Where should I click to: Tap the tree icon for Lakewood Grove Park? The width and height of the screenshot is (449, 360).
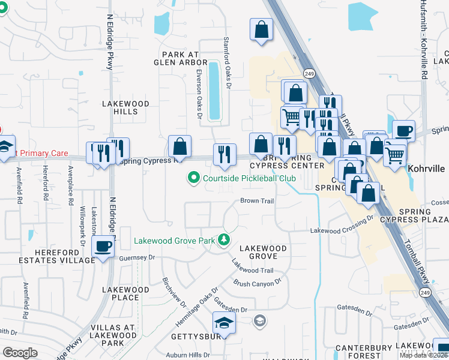pos(224,240)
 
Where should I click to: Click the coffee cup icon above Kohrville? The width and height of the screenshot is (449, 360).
pos(403,130)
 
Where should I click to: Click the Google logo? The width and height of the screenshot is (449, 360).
pos(20,353)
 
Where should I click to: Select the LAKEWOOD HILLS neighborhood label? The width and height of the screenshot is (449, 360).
pos(125,107)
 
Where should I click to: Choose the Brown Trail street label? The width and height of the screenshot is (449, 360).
pos(257,200)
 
